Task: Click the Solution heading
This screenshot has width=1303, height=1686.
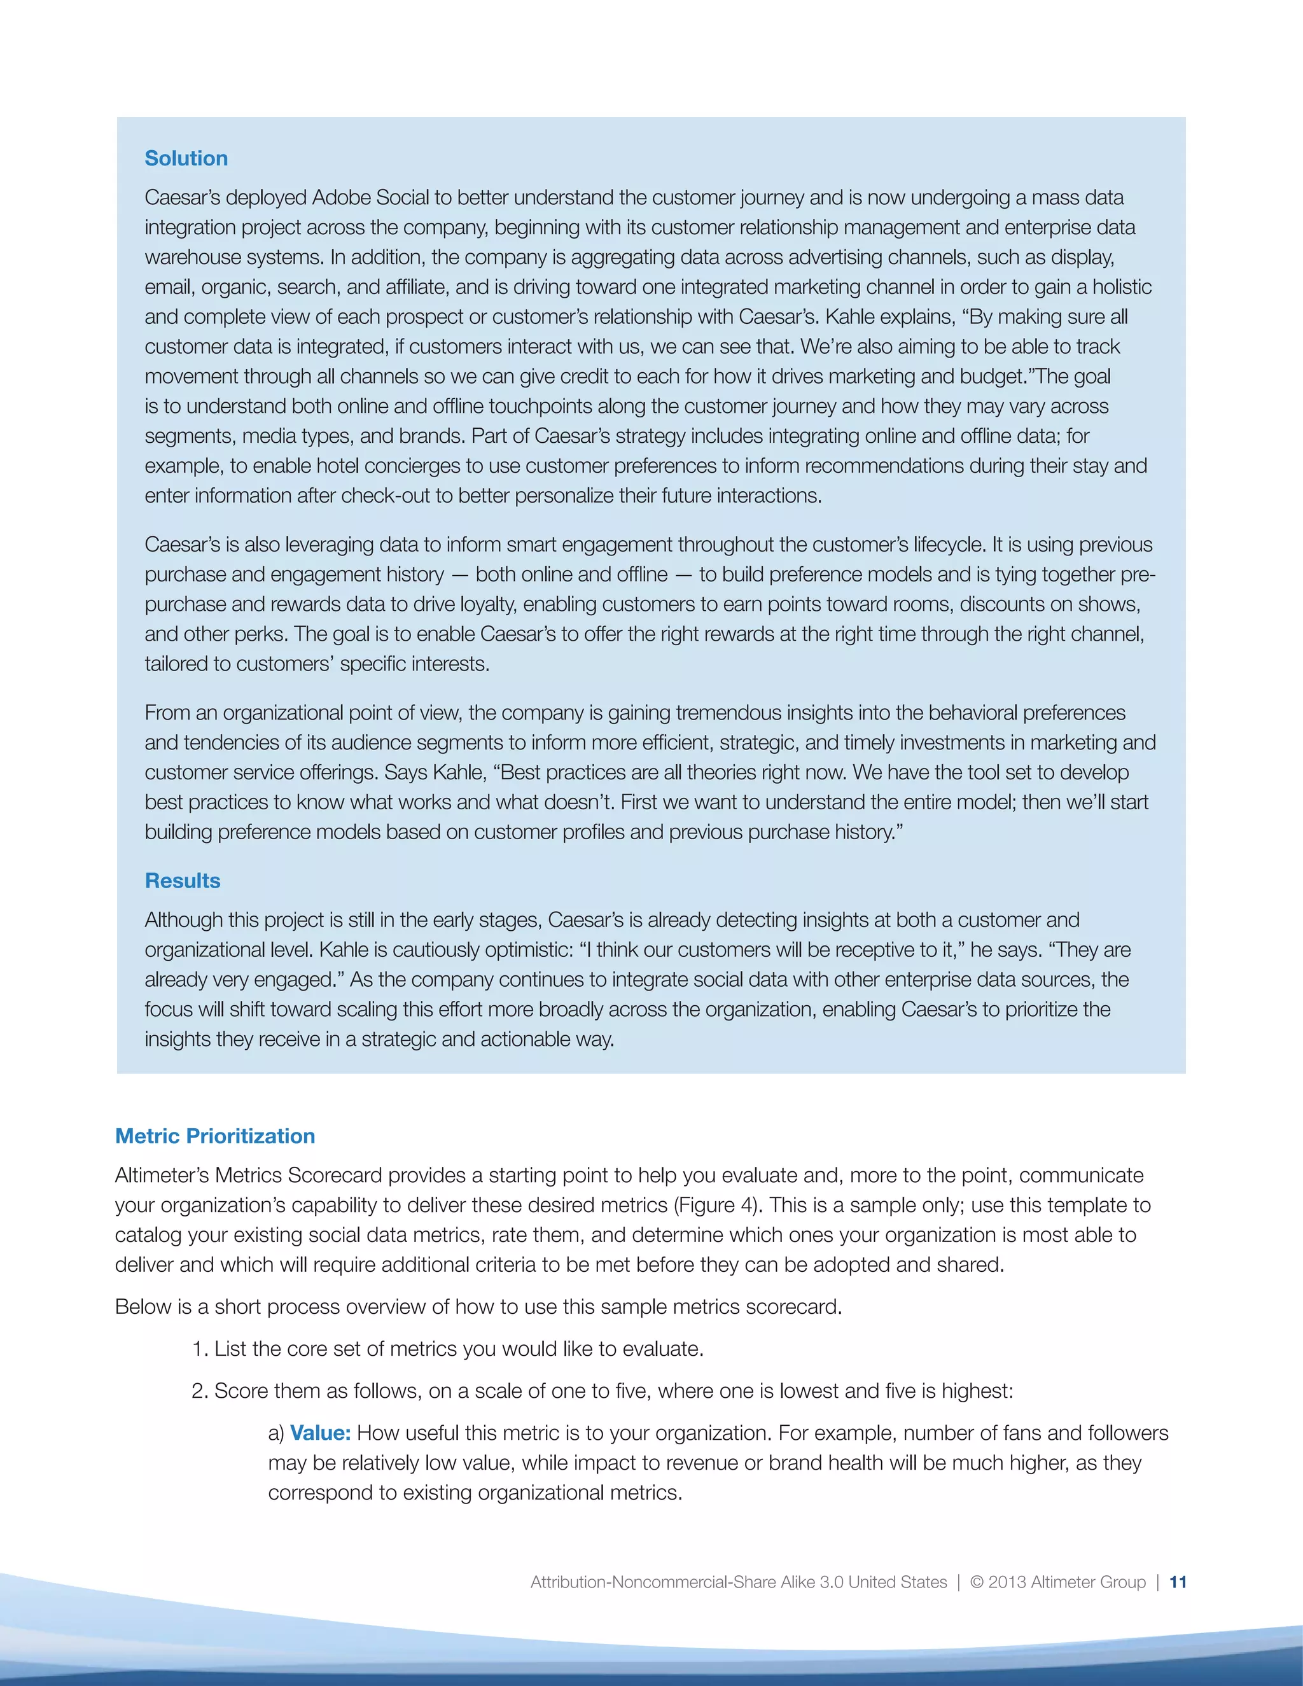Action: [186, 158]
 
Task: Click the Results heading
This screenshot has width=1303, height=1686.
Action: [182, 881]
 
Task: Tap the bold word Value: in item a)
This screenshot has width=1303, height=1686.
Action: [321, 1433]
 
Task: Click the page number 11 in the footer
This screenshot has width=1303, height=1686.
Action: [1178, 1582]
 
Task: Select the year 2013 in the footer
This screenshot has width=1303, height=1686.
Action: [1006, 1582]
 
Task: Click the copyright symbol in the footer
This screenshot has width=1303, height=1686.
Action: [977, 1582]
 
